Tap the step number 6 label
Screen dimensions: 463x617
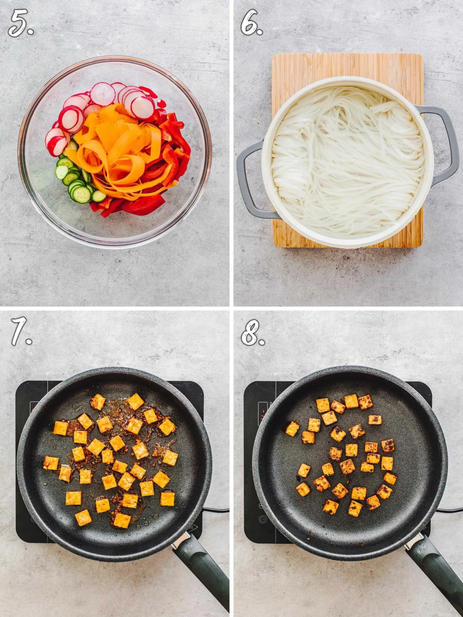coord(252,24)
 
